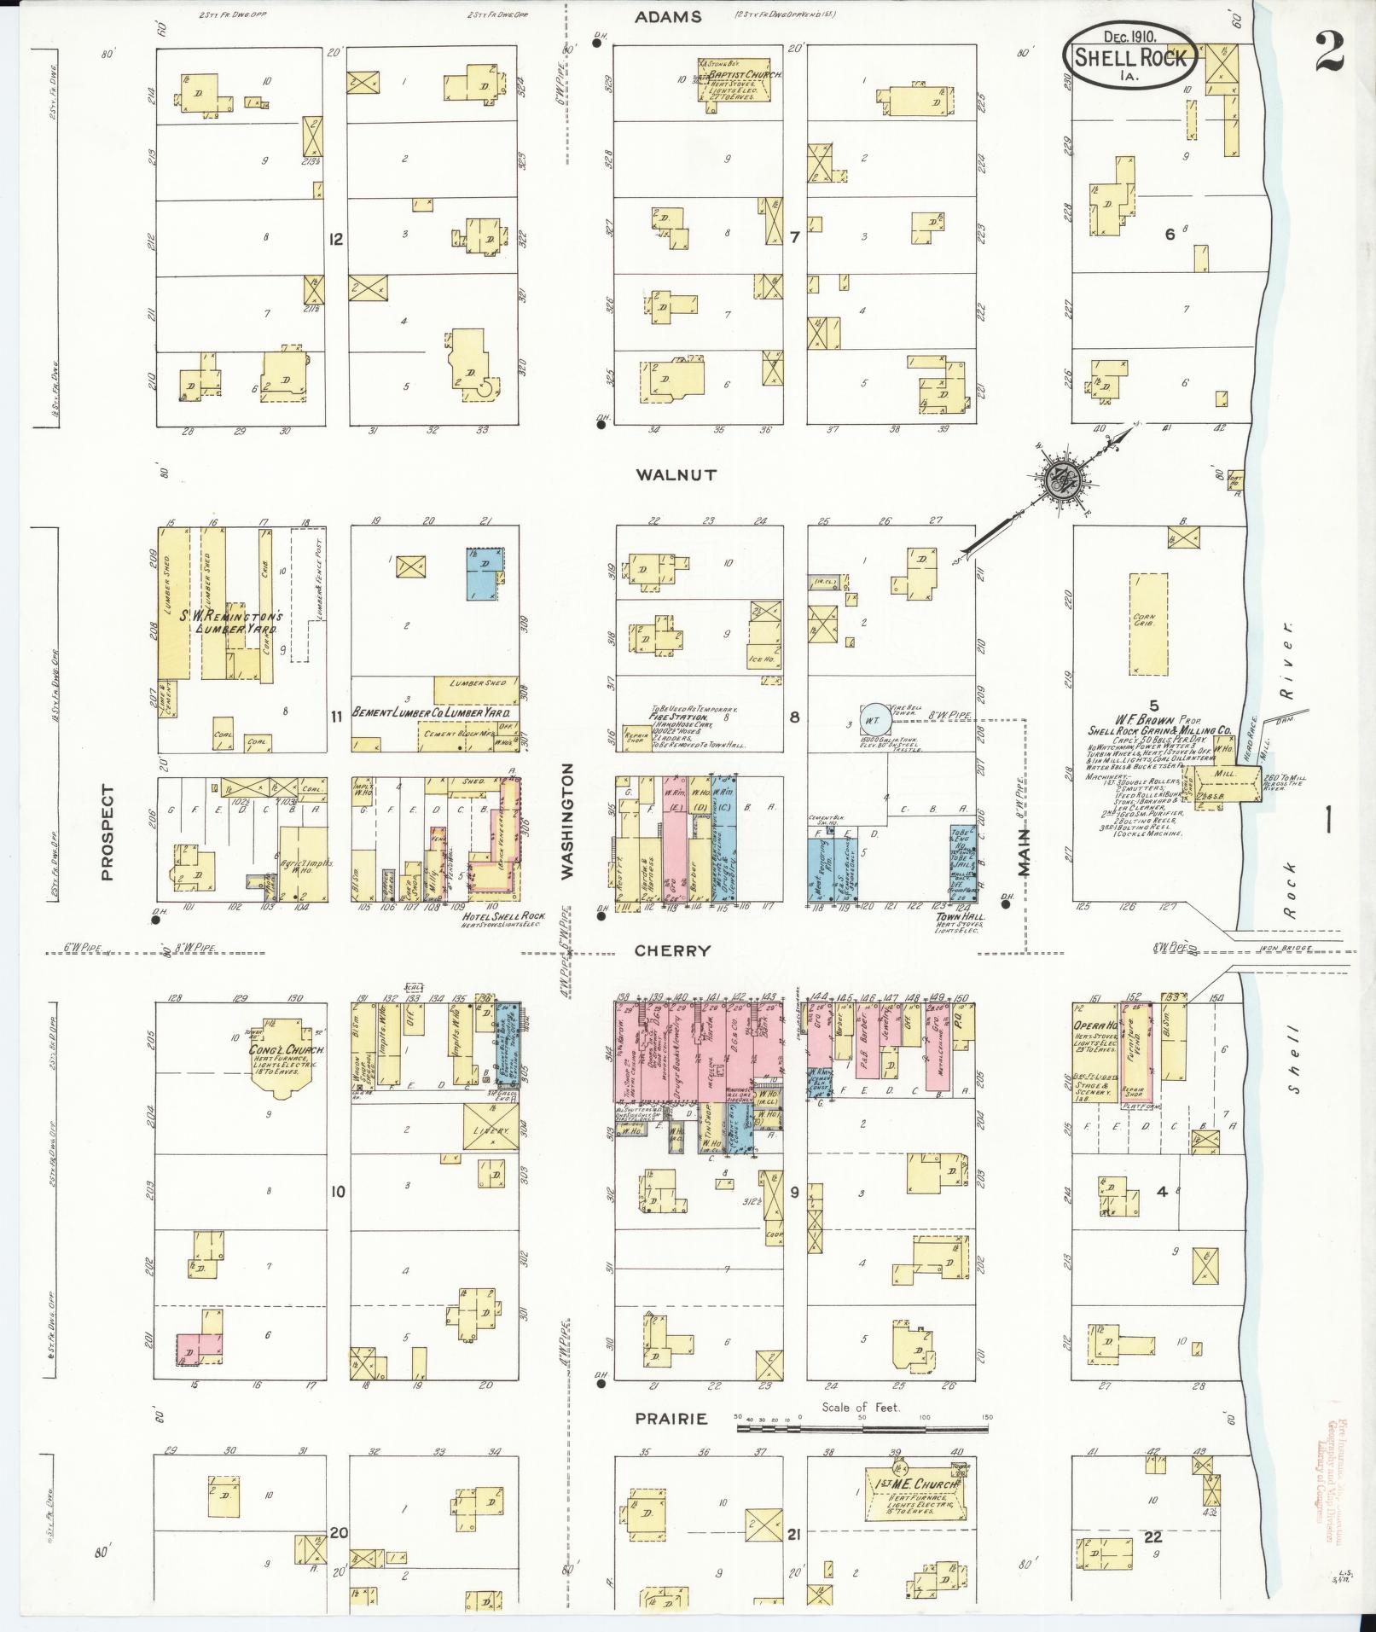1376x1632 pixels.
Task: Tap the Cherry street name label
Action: tap(673, 950)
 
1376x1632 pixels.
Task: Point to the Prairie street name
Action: tap(671, 1419)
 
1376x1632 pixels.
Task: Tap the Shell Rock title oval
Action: tap(1128, 55)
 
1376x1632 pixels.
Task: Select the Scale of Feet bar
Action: tap(862, 1421)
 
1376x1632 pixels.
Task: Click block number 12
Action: tap(336, 240)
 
